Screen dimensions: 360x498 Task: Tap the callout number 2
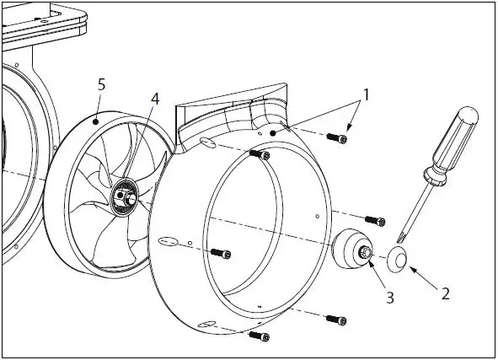446,294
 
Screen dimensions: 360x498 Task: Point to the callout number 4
154,99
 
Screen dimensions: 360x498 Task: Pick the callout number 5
101,84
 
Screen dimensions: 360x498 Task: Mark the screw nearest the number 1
338,138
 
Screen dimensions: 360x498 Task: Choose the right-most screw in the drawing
375,221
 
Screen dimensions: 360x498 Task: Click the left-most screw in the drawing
219,252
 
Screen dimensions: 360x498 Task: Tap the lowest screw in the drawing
260,336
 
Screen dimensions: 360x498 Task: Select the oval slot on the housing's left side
168,241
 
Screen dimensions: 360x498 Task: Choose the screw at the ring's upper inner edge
260,154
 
